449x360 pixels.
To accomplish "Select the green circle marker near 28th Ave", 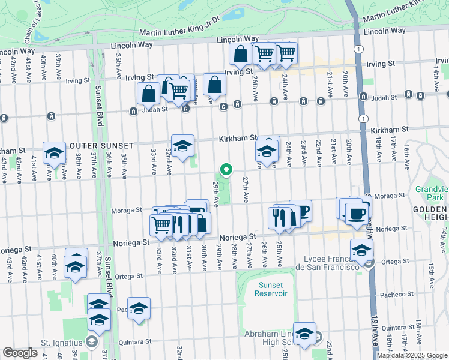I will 226,170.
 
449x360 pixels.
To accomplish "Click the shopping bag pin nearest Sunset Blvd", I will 148,94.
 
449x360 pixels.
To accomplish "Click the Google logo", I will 20,353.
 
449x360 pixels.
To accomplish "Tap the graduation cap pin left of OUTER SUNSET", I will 54,153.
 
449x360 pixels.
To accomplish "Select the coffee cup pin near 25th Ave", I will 301,211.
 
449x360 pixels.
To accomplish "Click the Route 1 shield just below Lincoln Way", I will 358,49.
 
